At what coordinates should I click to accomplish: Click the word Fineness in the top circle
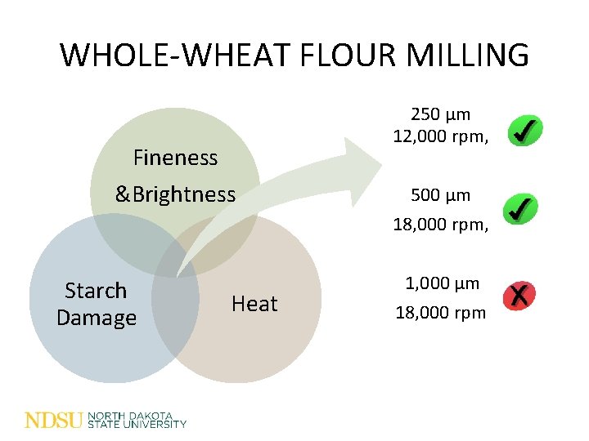[x=175, y=157]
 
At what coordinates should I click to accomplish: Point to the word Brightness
[x=184, y=194]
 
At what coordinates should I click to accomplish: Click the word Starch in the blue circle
[x=96, y=291]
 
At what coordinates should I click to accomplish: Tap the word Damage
[x=96, y=318]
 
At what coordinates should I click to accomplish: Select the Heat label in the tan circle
[x=254, y=304]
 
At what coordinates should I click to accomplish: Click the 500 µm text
[x=440, y=195]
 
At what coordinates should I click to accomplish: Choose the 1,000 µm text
[x=443, y=284]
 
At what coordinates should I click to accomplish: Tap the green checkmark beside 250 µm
[x=523, y=131]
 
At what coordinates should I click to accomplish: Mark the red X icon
[x=519, y=296]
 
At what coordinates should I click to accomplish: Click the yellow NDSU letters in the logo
[x=54, y=421]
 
